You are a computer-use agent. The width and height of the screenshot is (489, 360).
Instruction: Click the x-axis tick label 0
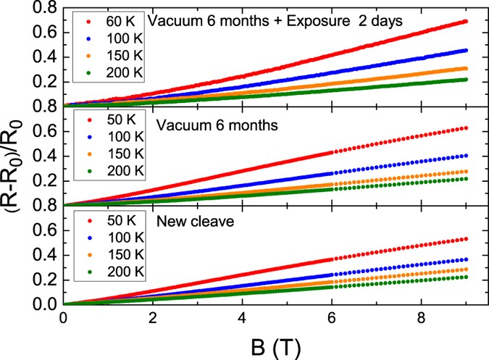tap(64, 319)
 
